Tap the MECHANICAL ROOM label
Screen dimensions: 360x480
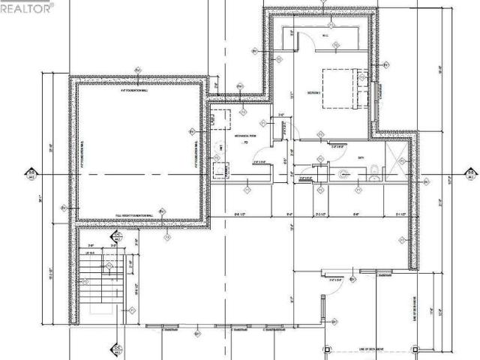coord(245,136)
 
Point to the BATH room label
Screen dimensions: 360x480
coord(361,157)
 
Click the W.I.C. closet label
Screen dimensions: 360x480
coord(326,35)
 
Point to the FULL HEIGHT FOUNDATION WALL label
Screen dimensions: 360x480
coord(135,215)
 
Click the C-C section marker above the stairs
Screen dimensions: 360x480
coord(117,238)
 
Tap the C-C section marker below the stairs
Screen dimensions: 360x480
coord(117,349)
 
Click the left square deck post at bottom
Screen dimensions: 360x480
coord(325,351)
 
